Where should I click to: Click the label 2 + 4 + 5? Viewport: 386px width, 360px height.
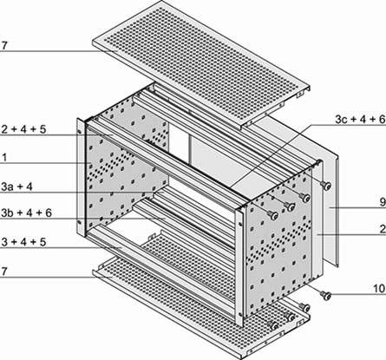(x=23, y=129)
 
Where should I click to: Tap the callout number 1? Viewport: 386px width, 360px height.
(x=4, y=158)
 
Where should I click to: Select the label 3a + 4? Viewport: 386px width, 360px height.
(x=16, y=187)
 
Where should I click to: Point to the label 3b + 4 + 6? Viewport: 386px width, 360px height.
(x=26, y=213)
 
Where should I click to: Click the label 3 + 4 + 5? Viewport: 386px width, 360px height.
(x=23, y=242)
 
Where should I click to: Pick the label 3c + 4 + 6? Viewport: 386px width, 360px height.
(x=360, y=120)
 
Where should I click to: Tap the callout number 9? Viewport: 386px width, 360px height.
(x=383, y=202)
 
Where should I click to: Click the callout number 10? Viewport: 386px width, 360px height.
(x=380, y=288)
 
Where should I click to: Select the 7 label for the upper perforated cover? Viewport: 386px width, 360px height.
(x=3, y=46)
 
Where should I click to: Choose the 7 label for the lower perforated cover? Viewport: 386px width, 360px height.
(x=3, y=272)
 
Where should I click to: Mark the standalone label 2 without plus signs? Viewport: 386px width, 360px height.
(x=383, y=229)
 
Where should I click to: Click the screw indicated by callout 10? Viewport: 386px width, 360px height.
(x=326, y=295)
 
